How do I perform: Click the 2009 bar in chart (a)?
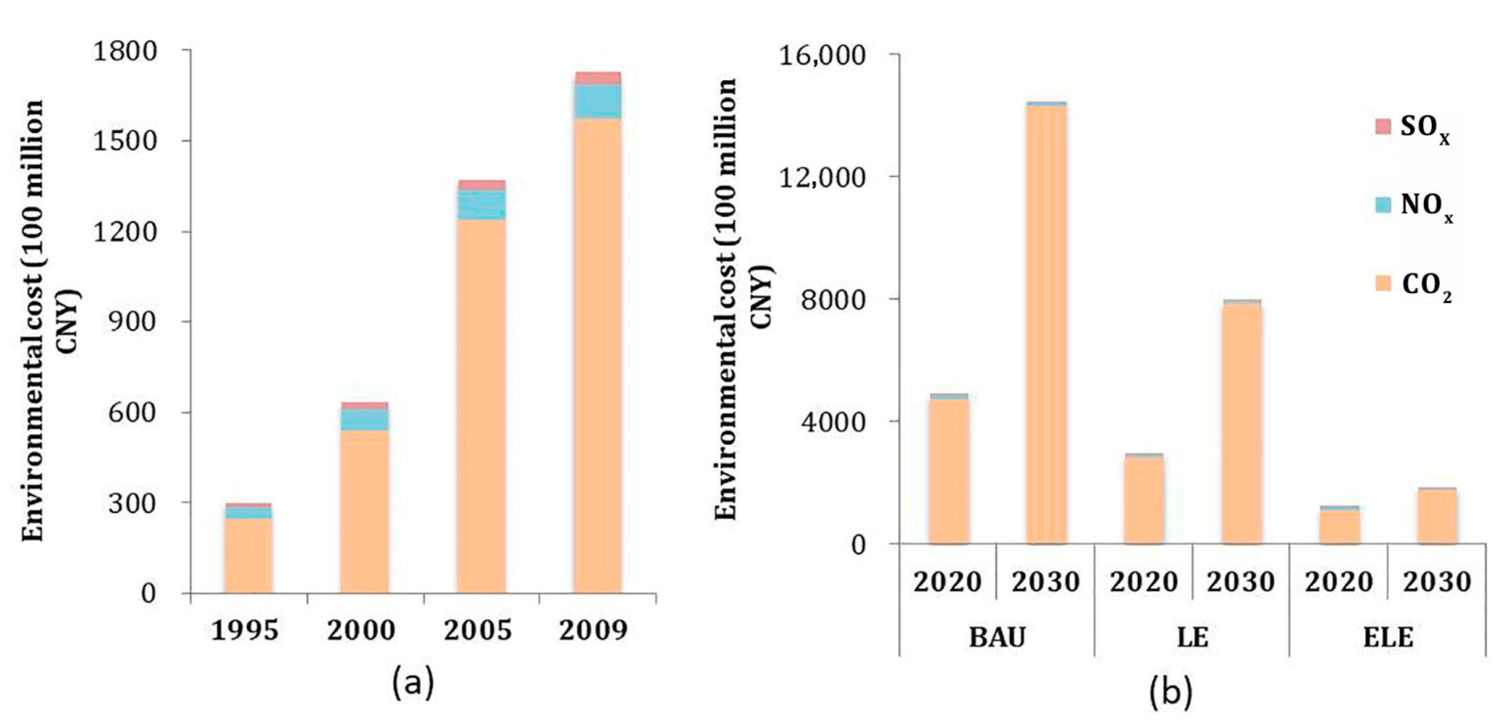point(597,351)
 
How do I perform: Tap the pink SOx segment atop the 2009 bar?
point(597,78)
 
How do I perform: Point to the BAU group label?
point(997,637)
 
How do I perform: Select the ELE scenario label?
point(1388,637)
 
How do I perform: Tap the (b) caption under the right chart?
point(1171,693)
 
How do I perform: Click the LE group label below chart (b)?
point(1193,637)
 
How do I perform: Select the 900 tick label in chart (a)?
point(133,322)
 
